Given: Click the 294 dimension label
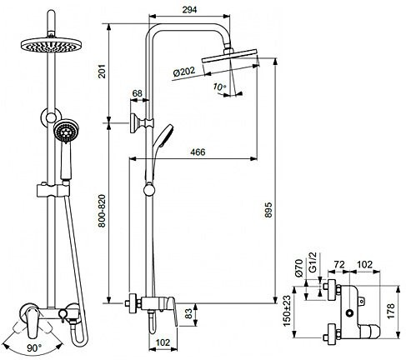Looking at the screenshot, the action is (x=189, y=9).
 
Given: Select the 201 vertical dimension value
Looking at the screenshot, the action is (x=103, y=72).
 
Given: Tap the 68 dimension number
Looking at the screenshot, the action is (x=138, y=93).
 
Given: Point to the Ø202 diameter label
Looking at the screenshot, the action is (x=184, y=72).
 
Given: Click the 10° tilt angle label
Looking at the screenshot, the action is (x=219, y=87).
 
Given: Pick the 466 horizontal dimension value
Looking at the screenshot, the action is (x=198, y=152).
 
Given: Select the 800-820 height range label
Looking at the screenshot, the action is (x=102, y=211).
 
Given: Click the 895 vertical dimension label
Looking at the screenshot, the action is (x=268, y=210).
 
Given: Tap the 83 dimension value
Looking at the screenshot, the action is (x=188, y=314).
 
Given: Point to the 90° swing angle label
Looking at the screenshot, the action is (x=34, y=347).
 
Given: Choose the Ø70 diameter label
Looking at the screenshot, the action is (x=298, y=267).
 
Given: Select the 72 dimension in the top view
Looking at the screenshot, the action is (x=339, y=264).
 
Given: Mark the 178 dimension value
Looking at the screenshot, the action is (x=391, y=311).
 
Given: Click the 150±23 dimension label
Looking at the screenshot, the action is (x=288, y=311).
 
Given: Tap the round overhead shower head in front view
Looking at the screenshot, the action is (x=51, y=45).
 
